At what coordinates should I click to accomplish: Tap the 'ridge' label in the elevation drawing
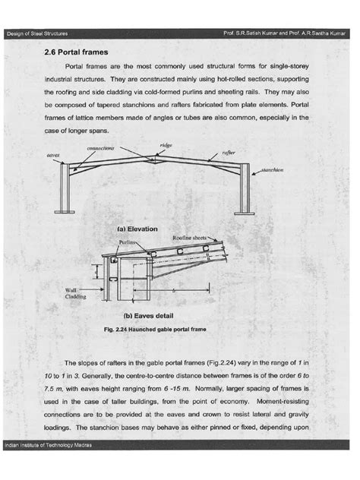[166, 144]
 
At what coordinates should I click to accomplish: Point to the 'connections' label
[101, 149]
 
